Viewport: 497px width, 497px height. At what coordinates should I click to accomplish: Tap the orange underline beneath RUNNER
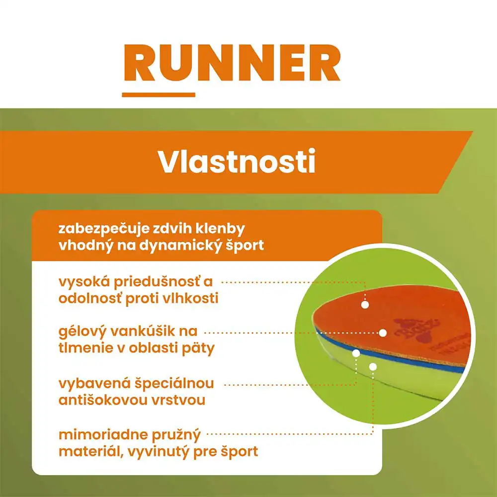(x=159, y=94)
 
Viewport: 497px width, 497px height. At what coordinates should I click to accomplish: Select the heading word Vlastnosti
(x=237, y=161)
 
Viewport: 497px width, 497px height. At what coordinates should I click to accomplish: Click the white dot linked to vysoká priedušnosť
(x=365, y=305)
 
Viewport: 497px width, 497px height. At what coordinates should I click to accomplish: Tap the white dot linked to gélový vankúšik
(x=383, y=332)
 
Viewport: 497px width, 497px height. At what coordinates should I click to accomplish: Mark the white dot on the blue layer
(x=356, y=353)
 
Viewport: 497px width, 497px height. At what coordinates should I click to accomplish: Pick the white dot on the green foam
(x=373, y=366)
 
